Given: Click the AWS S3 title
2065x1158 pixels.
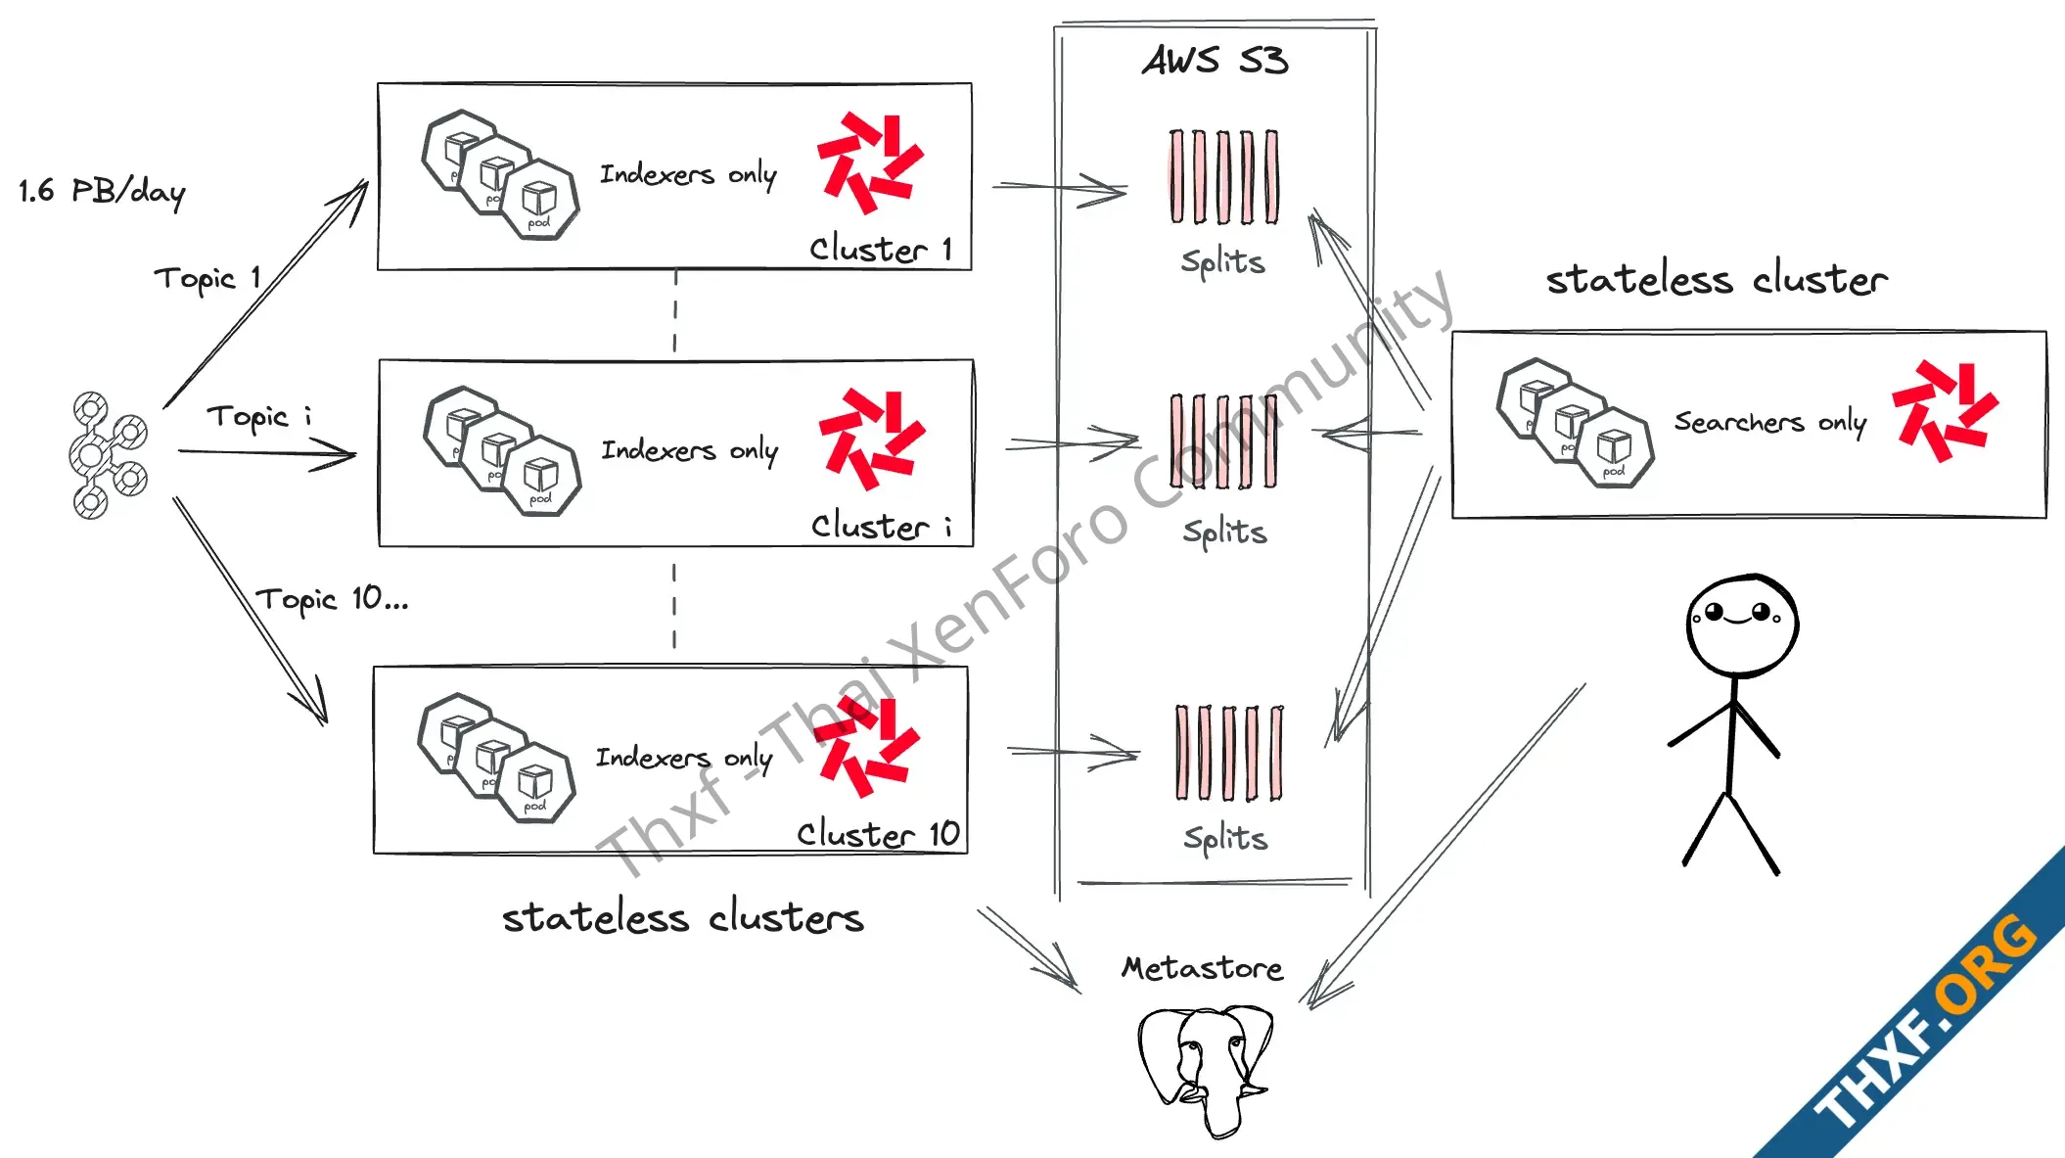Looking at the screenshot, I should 1215,61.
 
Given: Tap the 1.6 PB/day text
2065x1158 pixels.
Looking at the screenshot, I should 102,191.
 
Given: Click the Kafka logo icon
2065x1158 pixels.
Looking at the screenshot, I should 107,455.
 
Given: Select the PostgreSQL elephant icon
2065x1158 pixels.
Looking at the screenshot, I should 1207,1068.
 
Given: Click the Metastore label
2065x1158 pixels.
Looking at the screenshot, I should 1202,968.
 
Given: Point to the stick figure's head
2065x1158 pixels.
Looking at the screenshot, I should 1741,625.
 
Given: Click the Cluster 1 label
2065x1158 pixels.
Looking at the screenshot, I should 881,249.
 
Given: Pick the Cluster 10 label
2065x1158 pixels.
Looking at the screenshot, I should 878,834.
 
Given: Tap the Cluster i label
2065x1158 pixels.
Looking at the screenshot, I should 881,526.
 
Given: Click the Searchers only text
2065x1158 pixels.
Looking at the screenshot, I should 1769,422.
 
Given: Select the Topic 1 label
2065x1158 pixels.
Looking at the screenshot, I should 207,279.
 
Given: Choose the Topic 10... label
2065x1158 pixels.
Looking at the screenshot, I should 332,599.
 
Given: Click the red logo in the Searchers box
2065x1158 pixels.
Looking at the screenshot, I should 1944,410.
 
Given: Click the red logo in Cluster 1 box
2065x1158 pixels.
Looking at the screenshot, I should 870,162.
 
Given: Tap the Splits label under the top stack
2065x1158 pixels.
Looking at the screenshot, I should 1222,262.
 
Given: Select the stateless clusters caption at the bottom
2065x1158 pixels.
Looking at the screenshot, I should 682,918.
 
